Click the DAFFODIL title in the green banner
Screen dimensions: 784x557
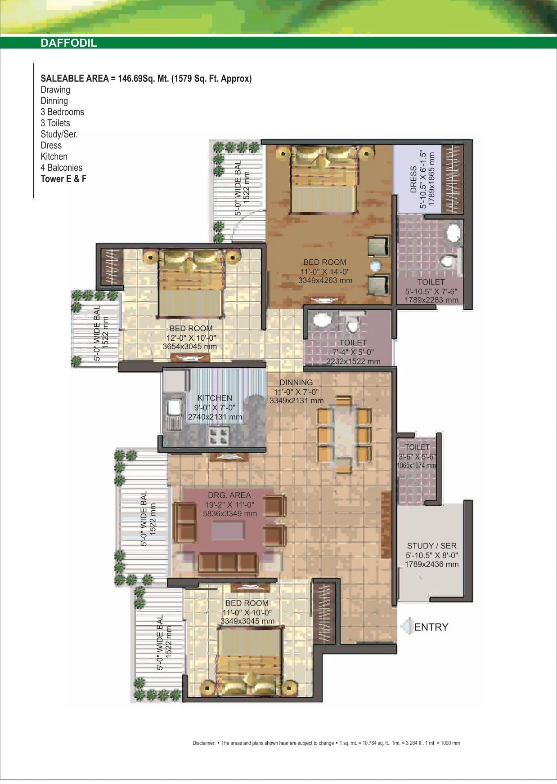coord(69,44)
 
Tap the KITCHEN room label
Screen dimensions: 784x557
coord(215,398)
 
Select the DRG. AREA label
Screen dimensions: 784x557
coord(229,495)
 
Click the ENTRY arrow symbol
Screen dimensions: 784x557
coord(407,626)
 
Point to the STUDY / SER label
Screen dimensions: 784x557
coord(431,546)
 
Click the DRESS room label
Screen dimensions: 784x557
coord(413,180)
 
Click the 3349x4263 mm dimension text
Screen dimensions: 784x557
coord(325,280)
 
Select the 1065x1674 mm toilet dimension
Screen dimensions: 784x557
coord(417,465)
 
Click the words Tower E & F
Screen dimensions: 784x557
coord(63,178)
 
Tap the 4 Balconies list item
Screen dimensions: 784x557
coord(61,167)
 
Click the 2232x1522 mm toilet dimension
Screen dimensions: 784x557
coord(353,361)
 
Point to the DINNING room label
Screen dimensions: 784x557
coord(296,383)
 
